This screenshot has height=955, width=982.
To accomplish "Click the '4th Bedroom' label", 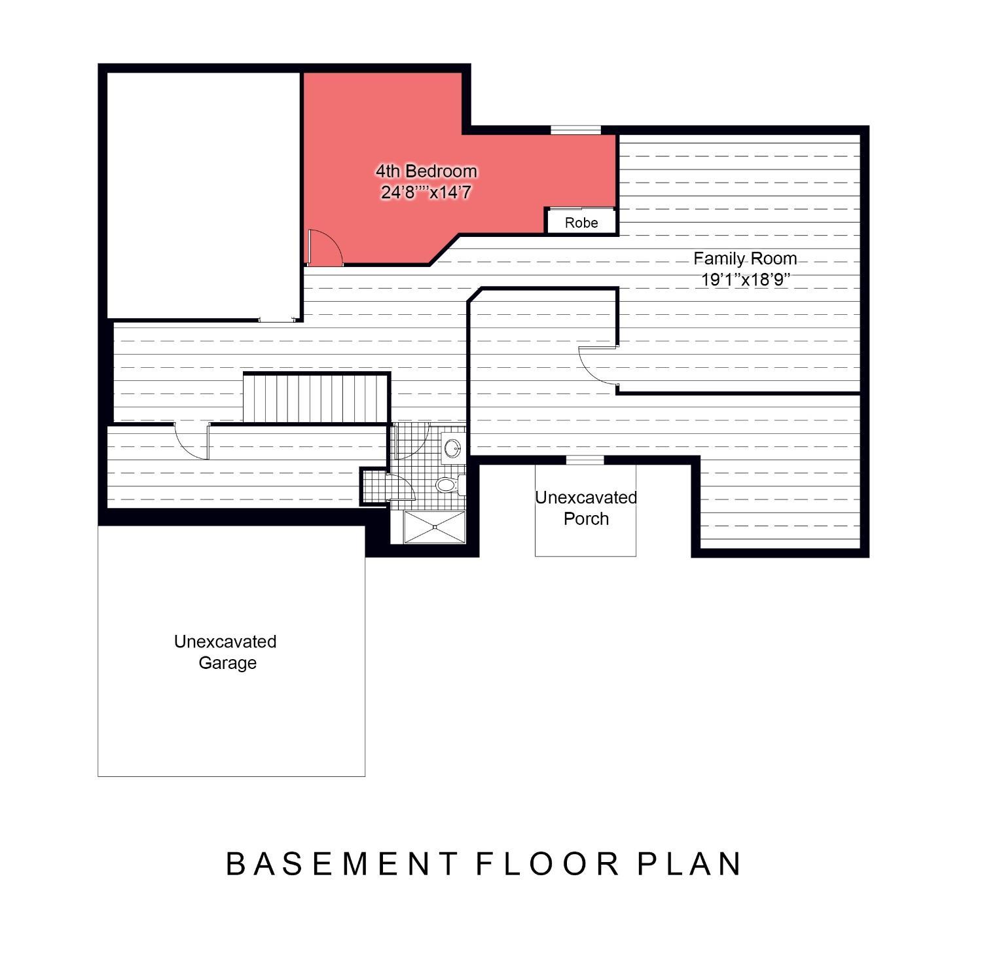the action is click(x=426, y=171).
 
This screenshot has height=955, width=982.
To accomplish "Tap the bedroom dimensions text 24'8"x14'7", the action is click(x=426, y=192).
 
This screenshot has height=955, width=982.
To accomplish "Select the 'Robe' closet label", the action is click(x=581, y=223).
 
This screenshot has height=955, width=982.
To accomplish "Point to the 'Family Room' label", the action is click(x=745, y=259).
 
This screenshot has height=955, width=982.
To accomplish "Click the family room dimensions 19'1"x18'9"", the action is click(x=746, y=279).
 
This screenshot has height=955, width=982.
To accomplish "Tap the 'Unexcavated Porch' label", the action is click(x=586, y=508).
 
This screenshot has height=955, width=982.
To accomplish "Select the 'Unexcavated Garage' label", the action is click(x=226, y=652).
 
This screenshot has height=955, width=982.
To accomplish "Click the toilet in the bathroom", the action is click(x=449, y=485).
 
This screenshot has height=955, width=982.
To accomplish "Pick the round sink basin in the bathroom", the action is click(x=452, y=448).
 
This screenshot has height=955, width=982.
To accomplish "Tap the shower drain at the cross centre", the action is click(x=434, y=527).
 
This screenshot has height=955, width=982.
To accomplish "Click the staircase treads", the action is click(x=316, y=398).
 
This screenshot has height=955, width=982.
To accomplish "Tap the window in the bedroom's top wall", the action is click(x=575, y=130).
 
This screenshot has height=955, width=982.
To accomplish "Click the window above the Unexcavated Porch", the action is click(x=585, y=459).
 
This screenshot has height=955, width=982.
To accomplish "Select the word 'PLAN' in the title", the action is click(x=690, y=864).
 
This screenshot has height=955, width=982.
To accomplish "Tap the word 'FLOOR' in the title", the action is click(x=547, y=864).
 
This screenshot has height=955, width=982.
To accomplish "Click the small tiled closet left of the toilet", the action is click(x=375, y=486).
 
